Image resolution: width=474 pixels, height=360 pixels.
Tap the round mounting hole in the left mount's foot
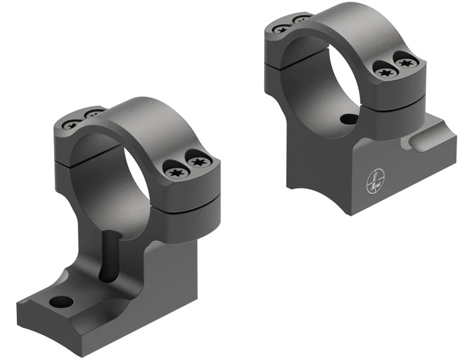62,302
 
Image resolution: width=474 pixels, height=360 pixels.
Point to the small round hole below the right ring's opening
349,119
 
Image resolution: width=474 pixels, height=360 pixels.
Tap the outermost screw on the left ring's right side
199,163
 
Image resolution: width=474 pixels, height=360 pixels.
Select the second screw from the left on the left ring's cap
93,114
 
